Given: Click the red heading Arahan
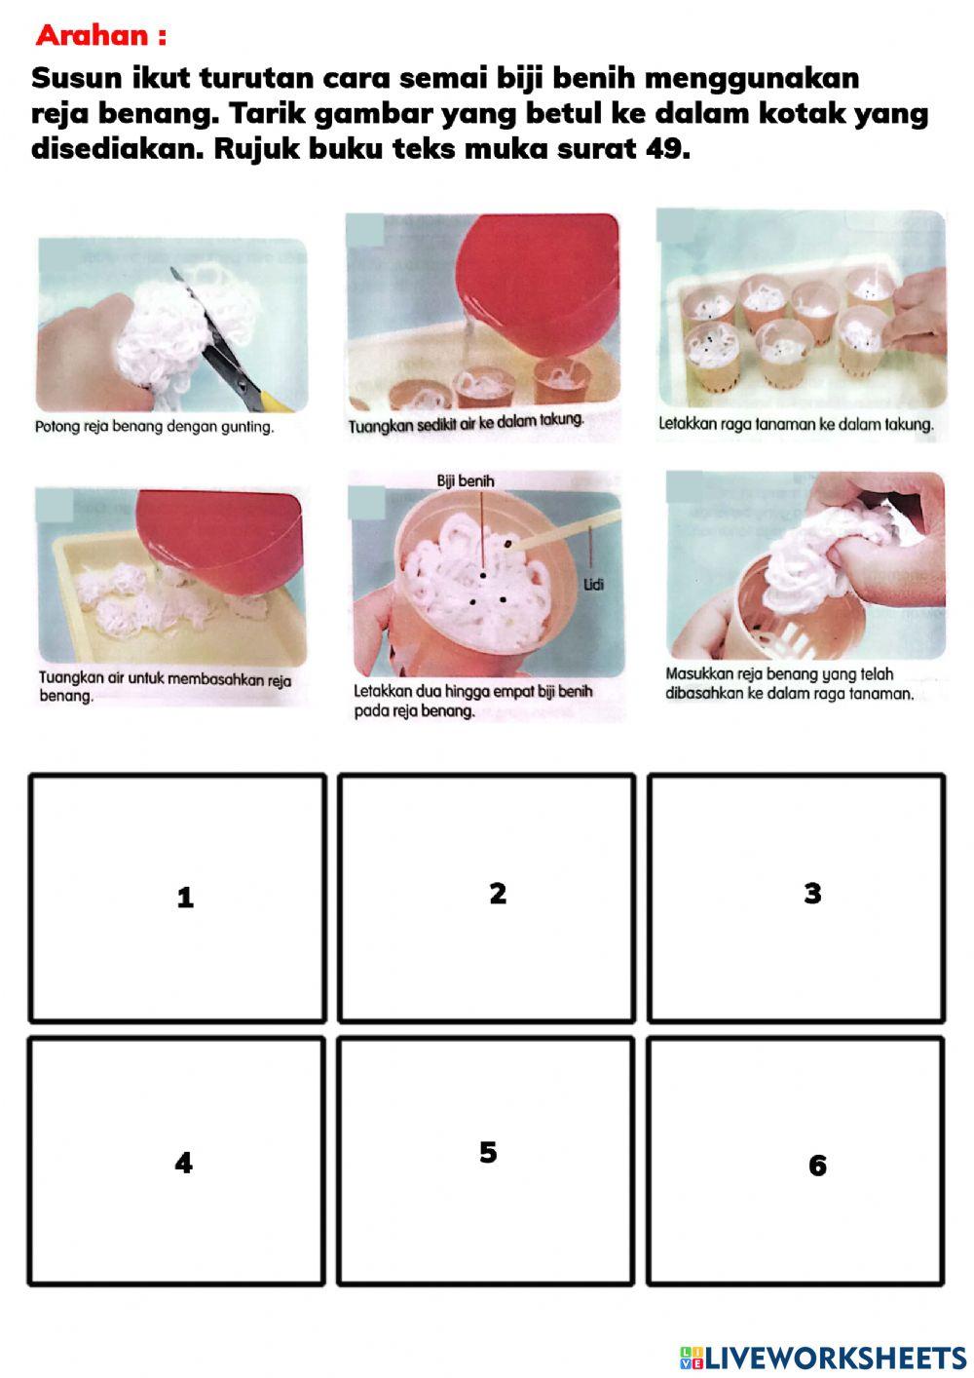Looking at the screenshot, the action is (101, 36).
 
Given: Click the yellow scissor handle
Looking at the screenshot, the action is (276, 402).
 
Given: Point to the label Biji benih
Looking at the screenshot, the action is (466, 481).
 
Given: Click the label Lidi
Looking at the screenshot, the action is (593, 584).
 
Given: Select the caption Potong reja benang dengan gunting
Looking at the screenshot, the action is (154, 427).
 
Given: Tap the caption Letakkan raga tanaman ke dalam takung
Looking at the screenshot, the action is (797, 424).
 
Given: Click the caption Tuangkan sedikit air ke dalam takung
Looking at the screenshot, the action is (467, 423).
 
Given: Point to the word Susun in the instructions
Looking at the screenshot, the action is (76, 78).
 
